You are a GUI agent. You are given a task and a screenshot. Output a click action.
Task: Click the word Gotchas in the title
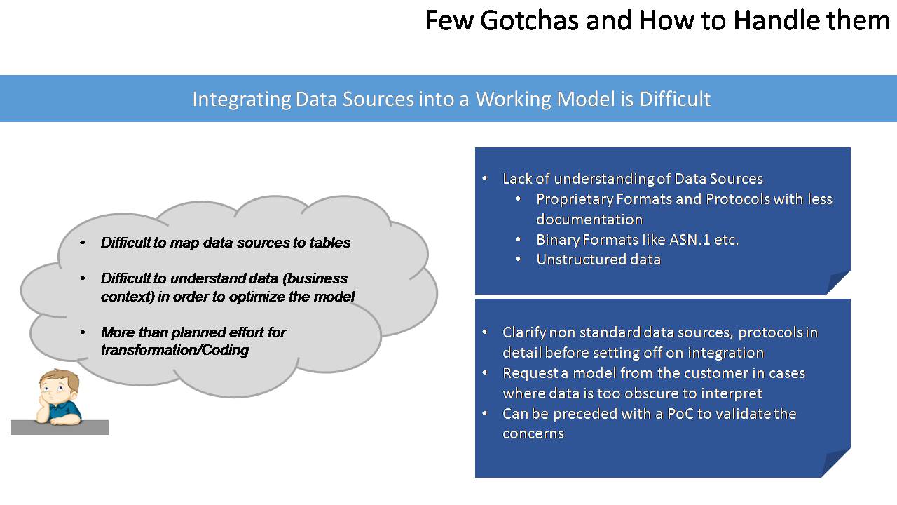(x=529, y=20)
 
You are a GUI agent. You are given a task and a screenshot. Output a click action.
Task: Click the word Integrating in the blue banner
(x=242, y=100)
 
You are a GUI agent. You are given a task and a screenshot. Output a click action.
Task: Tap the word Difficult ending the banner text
(x=675, y=99)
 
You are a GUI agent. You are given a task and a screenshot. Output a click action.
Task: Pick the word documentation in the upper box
(x=589, y=220)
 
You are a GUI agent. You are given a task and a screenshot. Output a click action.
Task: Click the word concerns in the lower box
(x=533, y=433)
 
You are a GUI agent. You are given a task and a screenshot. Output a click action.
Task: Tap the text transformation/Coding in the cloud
(x=174, y=350)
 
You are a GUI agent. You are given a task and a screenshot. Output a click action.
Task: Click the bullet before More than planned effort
(x=83, y=332)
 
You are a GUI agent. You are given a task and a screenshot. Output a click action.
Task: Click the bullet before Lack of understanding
(x=484, y=178)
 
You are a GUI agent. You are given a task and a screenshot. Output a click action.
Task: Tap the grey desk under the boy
(x=60, y=427)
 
